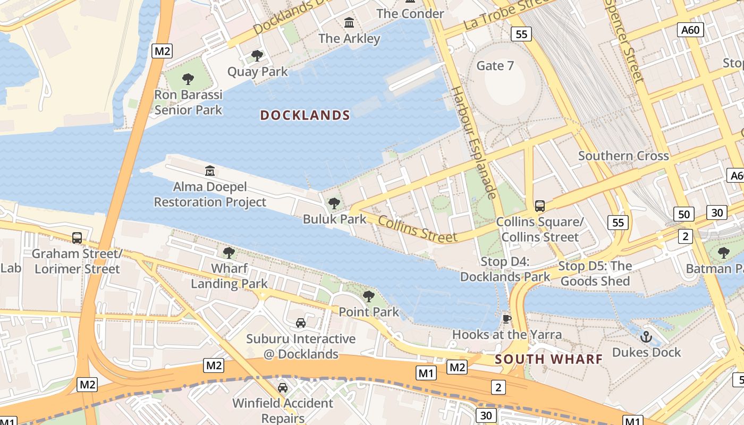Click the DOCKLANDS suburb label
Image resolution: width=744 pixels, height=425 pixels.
[305, 115]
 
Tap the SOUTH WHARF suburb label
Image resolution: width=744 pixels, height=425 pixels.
[549, 359]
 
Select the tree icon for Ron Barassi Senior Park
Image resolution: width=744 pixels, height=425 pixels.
[188, 79]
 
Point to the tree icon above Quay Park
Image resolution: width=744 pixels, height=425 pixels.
[257, 55]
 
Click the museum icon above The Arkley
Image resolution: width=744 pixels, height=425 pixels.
[349, 23]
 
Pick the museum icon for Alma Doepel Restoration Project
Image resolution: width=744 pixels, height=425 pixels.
[210, 171]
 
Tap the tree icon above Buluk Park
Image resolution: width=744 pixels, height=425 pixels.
[334, 203]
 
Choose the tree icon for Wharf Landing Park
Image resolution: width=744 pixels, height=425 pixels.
[229, 252]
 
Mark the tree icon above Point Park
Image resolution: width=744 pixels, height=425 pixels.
[369, 296]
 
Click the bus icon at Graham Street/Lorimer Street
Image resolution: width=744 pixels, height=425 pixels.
[77, 237]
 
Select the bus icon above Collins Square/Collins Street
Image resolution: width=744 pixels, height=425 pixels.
[540, 206]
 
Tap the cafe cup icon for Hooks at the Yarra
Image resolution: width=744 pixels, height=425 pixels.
[506, 318]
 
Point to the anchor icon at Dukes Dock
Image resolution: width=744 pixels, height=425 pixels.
[646, 336]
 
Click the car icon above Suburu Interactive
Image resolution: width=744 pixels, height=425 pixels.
[301, 322]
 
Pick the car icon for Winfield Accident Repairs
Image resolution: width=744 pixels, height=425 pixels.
[283, 387]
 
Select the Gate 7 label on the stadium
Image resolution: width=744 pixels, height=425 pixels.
[495, 66]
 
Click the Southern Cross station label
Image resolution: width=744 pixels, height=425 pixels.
[623, 156]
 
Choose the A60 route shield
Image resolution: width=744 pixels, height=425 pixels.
[690, 30]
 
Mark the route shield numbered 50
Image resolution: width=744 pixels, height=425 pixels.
[684, 215]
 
